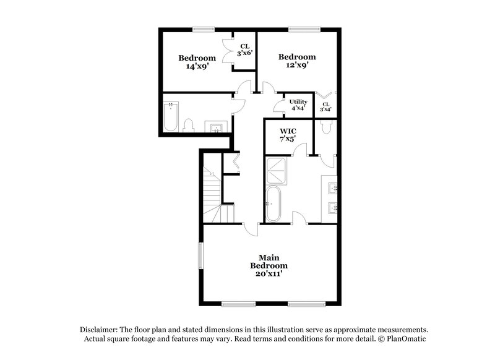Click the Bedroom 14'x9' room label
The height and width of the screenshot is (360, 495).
197,62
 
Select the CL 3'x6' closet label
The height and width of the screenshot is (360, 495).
244,49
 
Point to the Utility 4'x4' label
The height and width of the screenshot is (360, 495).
298,105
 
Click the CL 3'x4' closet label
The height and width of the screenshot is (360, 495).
325,107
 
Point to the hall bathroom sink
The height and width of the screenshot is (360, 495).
217,128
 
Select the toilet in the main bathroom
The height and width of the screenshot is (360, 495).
327,127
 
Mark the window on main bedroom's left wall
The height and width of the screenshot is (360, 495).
200,255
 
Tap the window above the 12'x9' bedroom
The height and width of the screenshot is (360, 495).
301,28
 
